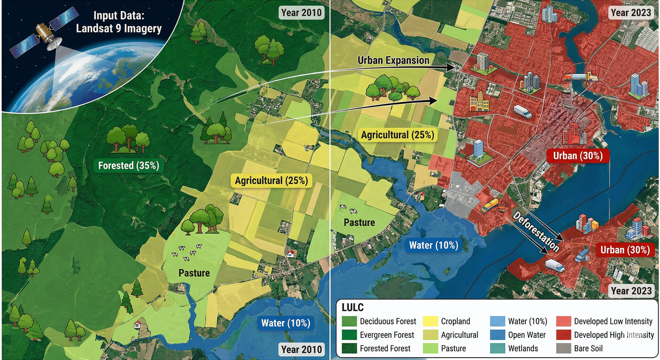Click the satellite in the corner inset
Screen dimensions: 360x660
[43, 33]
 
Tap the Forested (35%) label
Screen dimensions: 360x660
[128, 166]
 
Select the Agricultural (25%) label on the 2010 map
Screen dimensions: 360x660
[271, 181]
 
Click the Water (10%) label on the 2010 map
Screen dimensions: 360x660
[285, 323]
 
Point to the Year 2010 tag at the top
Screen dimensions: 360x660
[301, 13]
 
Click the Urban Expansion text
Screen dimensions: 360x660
[393, 61]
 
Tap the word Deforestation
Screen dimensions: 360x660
[536, 231]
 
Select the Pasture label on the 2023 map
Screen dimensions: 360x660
[359, 223]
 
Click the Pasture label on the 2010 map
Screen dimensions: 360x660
[194, 273]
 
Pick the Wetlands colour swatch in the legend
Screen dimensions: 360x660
[497, 348]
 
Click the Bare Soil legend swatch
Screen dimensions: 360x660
[563, 348]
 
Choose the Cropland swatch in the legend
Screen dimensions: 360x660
[431, 321]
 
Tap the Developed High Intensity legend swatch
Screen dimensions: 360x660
[563, 335]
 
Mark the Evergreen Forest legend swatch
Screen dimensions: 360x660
[349, 335]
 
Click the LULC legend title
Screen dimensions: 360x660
[353, 308]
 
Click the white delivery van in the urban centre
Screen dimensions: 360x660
[523, 111]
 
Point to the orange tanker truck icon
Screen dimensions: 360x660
[580, 77]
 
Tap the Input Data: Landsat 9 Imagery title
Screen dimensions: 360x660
[119, 22]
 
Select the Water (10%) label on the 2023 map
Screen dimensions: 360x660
[433, 246]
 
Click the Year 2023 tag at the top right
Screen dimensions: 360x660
[631, 13]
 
